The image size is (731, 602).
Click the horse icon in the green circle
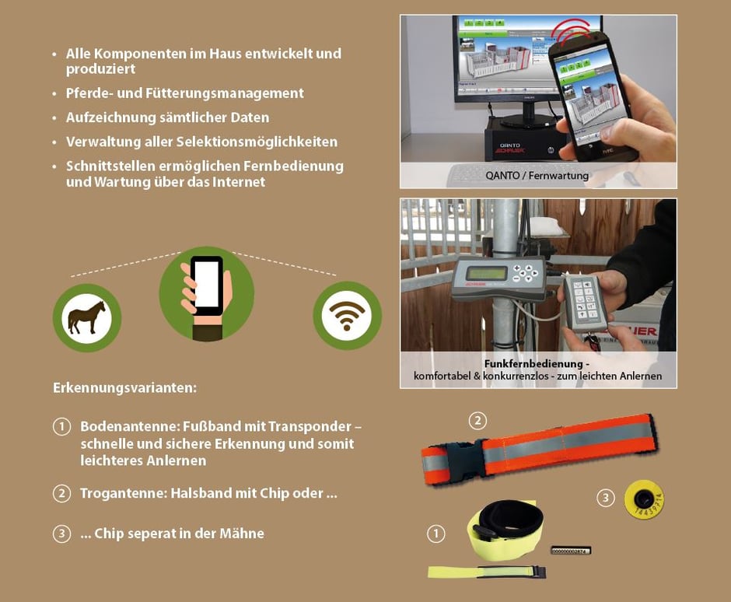click(x=87, y=317)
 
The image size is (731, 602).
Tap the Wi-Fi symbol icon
click(x=347, y=315)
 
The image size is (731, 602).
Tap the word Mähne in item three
click(x=243, y=534)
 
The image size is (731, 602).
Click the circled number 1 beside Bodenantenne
click(x=61, y=427)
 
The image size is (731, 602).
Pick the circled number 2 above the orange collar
click(x=477, y=421)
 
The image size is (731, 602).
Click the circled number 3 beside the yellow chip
click(x=606, y=498)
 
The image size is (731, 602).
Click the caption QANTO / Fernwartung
click(x=537, y=175)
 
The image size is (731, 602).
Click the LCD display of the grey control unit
click(x=483, y=274)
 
